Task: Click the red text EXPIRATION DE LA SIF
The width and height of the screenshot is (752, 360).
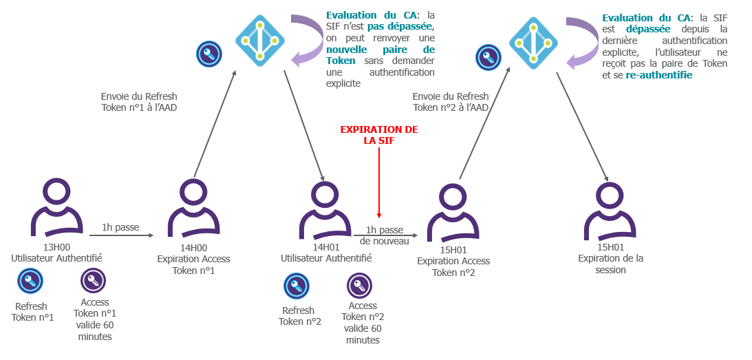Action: (379, 134)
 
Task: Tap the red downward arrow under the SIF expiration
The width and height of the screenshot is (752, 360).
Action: (379, 182)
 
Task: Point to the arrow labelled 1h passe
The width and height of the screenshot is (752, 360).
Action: (121, 235)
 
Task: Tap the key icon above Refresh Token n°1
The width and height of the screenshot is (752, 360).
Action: (30, 281)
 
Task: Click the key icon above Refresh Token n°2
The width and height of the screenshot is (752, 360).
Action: (297, 286)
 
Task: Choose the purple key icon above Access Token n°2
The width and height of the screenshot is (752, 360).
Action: (360, 286)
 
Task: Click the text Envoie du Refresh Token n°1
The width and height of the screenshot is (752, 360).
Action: (139, 102)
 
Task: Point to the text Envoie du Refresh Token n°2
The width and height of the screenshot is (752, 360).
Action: (451, 102)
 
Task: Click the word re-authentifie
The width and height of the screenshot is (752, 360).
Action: (659, 75)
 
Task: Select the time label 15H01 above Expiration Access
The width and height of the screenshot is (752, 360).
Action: (453, 250)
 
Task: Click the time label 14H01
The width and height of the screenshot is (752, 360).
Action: (326, 248)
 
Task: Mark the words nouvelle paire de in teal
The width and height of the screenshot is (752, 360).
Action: (380, 50)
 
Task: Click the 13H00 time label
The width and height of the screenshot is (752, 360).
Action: (56, 248)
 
